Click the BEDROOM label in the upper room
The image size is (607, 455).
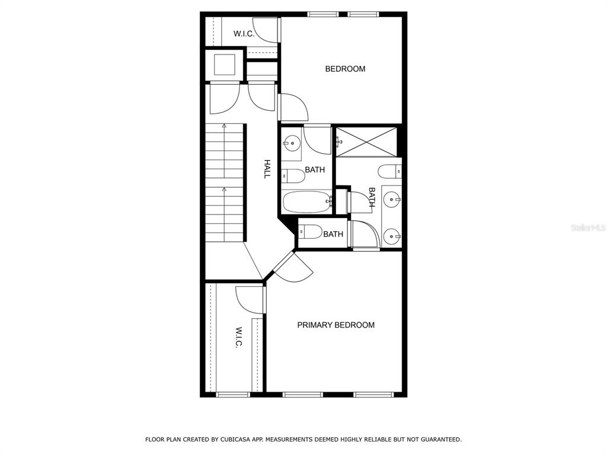tap(345, 69)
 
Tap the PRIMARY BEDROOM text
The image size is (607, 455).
tap(336, 325)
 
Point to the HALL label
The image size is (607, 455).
tap(267, 169)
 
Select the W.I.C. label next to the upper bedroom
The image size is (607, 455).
tap(244, 34)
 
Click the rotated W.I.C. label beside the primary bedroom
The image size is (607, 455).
tap(239, 338)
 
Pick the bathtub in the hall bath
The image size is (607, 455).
tap(307, 201)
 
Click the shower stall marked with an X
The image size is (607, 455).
tap(366, 142)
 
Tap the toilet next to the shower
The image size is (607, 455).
tap(390, 171)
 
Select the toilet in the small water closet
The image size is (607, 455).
tap(311, 232)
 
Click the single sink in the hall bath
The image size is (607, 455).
tap(292, 143)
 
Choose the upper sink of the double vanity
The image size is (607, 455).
tap(392, 200)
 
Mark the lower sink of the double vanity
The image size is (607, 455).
tap(392, 235)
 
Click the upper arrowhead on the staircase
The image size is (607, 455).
tap(224, 126)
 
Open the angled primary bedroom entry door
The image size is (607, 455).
tap(293, 267)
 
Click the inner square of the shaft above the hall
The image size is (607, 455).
tap(225, 65)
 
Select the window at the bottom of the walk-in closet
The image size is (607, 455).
tap(232, 395)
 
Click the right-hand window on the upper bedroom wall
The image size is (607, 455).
tap(363, 14)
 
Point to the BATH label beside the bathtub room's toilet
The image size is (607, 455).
tap(315, 169)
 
